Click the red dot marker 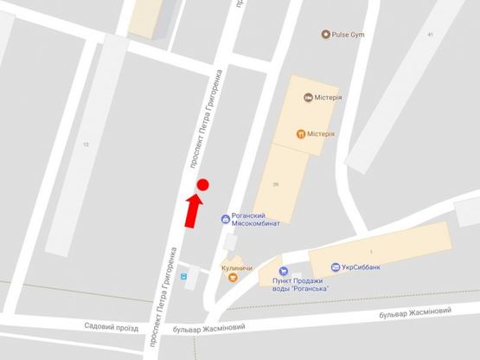pyautogui.click(x=203, y=184)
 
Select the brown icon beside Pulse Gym pyautogui.click(x=325, y=35)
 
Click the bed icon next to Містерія pyautogui.click(x=309, y=98)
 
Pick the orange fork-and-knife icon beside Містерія pyautogui.click(x=300, y=133)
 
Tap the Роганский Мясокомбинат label pyautogui.click(x=256, y=220)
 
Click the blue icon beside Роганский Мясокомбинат pyautogui.click(x=225, y=220)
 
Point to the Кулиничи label pyautogui.click(x=237, y=269)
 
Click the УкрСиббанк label pyautogui.click(x=361, y=267)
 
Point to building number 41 pyautogui.click(x=429, y=34)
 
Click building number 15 pyautogui.click(x=86, y=145)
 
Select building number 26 pyautogui.click(x=276, y=184)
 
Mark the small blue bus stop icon pyautogui.click(x=183, y=278)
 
